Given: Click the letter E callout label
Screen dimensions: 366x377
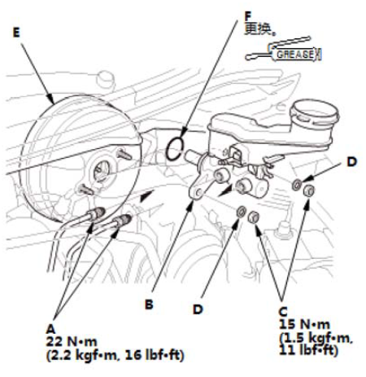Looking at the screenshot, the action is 16,33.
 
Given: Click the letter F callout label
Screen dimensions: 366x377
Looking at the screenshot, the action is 248,16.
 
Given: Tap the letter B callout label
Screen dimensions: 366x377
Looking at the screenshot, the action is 149,305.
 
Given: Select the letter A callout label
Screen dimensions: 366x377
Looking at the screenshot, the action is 50,329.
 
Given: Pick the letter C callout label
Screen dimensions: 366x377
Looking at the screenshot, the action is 283,312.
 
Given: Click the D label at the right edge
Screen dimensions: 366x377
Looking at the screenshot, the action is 352,162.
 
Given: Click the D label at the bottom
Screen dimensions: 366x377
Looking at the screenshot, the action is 198,309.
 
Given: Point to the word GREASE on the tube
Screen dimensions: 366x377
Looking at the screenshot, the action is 295,55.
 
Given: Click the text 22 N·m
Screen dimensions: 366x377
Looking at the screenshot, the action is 72,342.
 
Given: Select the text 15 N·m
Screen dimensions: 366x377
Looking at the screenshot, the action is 304,324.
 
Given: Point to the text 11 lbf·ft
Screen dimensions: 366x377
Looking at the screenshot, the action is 308,350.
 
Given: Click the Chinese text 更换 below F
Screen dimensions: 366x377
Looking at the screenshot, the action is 258,29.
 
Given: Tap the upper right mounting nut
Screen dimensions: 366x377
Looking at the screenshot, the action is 309,190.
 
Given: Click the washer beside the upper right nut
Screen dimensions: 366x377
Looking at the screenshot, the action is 296,185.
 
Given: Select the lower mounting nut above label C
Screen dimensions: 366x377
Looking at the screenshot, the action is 254,217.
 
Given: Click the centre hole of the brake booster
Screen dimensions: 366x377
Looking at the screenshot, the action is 101,170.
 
